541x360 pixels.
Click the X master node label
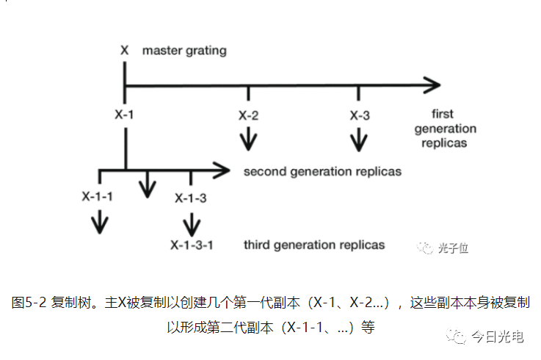click(x=125, y=51)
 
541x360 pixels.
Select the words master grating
click(x=184, y=51)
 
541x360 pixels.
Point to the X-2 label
click(x=248, y=115)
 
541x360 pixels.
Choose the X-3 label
click(x=359, y=115)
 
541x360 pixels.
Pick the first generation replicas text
click(x=445, y=129)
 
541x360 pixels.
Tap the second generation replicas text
click(x=322, y=172)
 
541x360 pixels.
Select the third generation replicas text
click(x=314, y=244)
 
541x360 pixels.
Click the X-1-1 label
click(x=98, y=196)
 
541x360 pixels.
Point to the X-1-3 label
click(x=191, y=198)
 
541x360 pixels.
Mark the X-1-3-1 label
click(x=192, y=245)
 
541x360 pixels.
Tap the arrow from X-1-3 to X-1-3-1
click(x=192, y=223)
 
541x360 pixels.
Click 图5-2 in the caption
click(x=29, y=302)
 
